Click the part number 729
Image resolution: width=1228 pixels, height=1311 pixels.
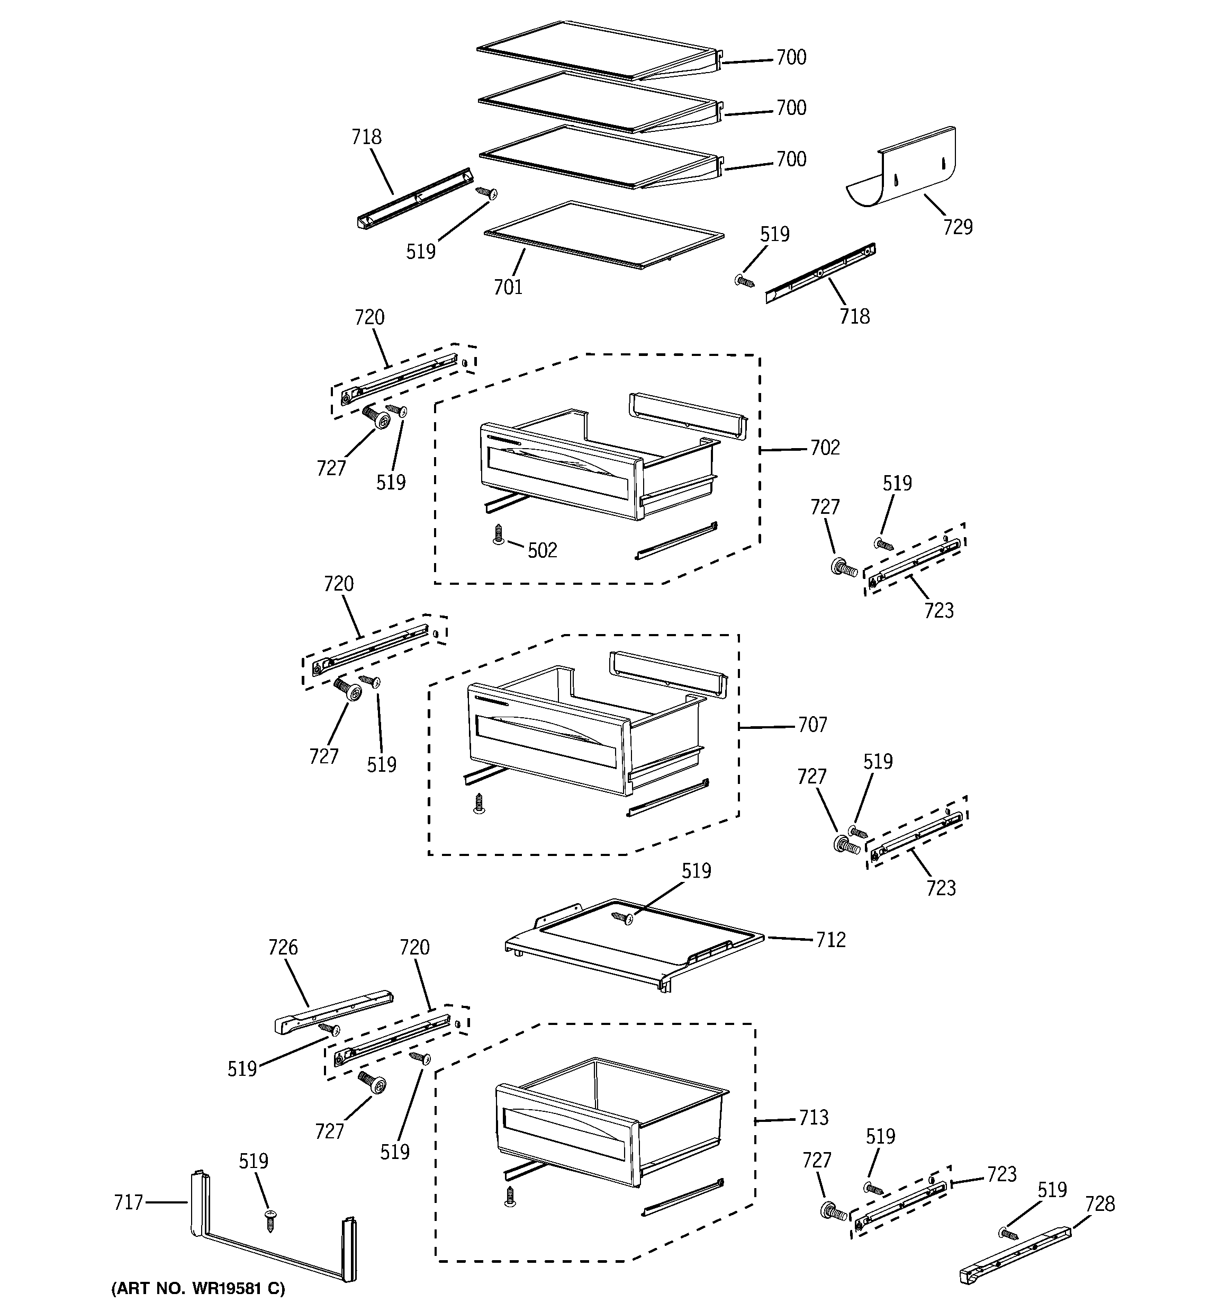(957, 227)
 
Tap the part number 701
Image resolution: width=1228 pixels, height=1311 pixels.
(508, 287)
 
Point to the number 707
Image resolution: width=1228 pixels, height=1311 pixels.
(812, 725)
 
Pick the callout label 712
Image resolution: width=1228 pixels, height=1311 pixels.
(830, 940)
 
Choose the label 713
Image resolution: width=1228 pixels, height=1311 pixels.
(814, 1117)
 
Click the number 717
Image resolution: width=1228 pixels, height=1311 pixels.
(128, 1202)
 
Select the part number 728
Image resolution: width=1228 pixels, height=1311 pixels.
(1099, 1203)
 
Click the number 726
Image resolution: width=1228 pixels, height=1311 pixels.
(283, 948)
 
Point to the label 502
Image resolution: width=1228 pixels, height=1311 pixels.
(542, 550)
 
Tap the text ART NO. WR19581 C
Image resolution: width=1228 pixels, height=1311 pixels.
(198, 1288)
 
